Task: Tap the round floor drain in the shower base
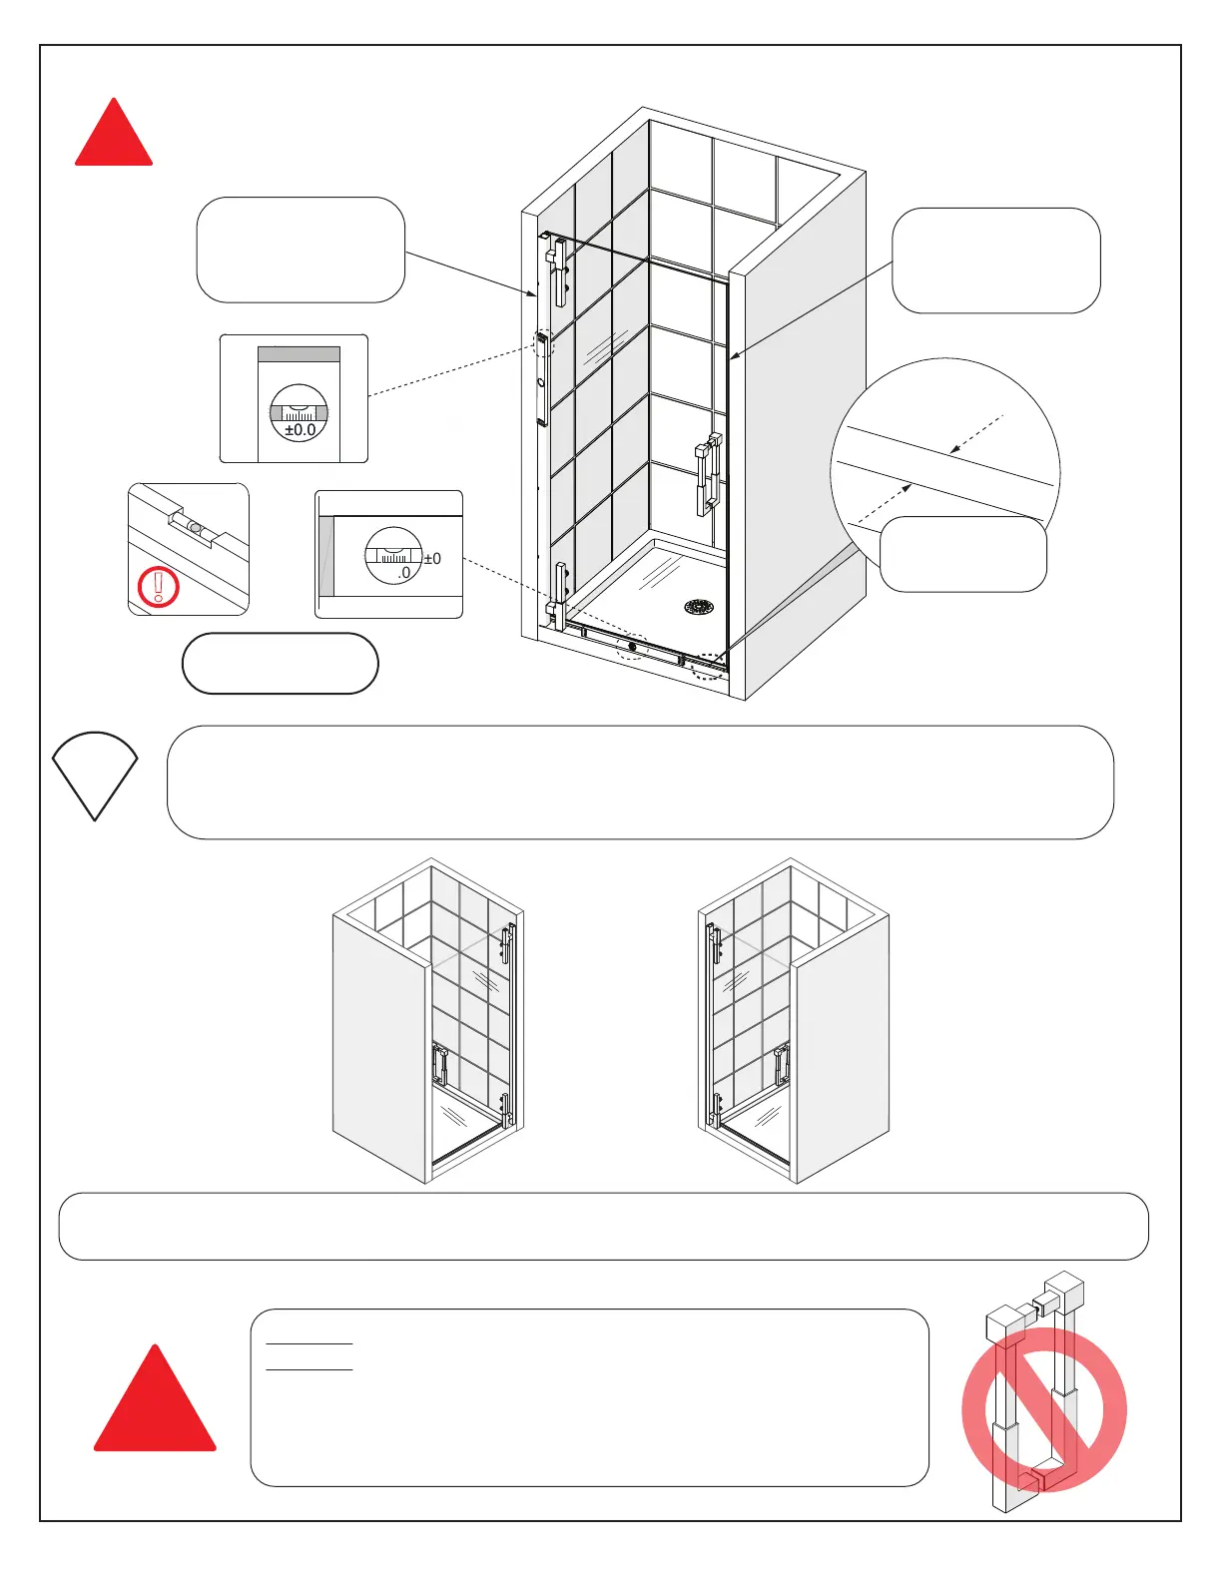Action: click(x=700, y=606)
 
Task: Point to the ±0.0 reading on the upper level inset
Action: click(x=300, y=430)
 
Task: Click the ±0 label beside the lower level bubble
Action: click(x=432, y=559)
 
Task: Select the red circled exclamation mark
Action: click(x=158, y=586)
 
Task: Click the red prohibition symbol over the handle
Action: click(x=1044, y=1409)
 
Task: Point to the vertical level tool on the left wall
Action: click(x=542, y=379)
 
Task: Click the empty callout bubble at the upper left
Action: click(x=301, y=250)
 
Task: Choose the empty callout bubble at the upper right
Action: click(x=995, y=261)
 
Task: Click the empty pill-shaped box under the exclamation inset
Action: click(x=280, y=664)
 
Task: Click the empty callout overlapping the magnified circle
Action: click(x=962, y=554)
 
